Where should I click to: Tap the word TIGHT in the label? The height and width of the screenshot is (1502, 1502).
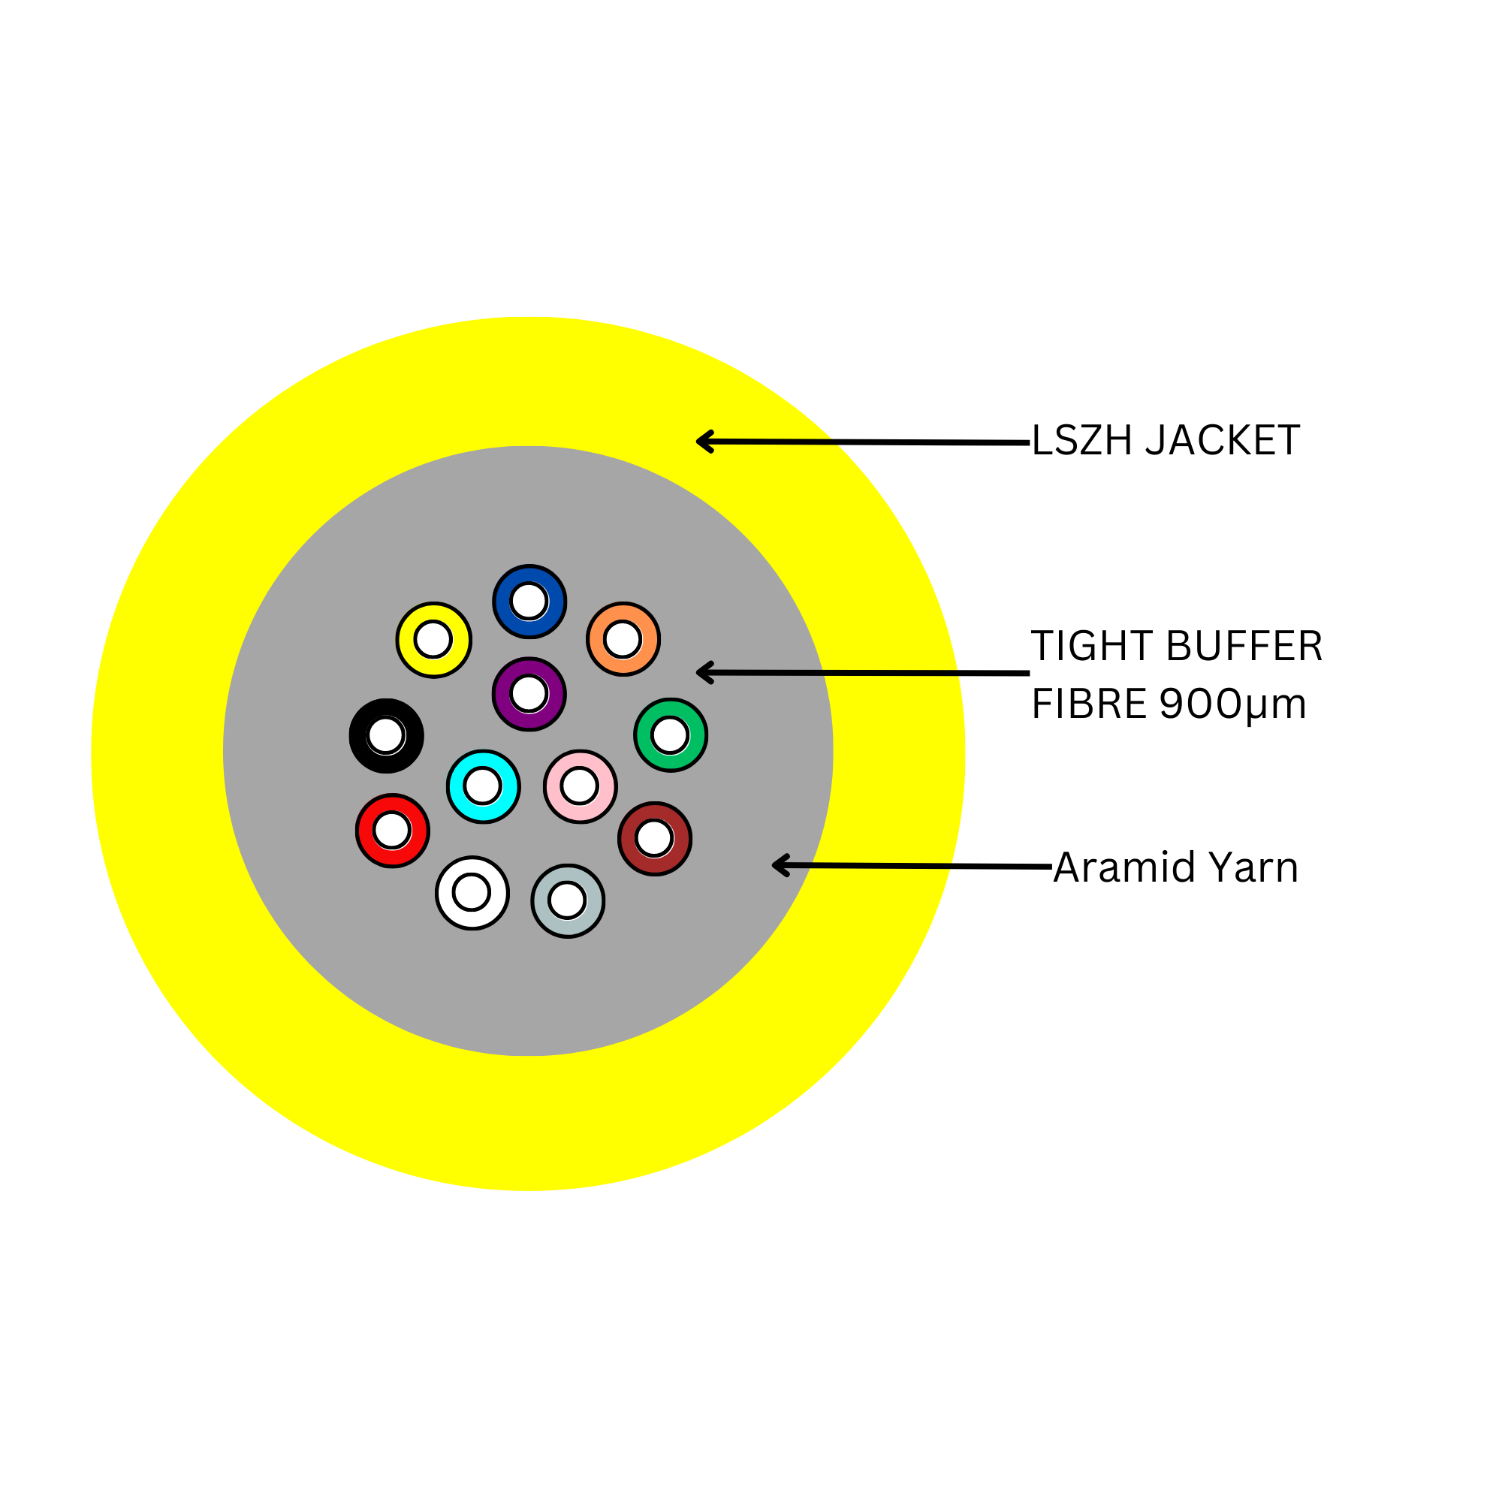point(1092,646)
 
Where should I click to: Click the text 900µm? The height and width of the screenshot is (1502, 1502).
point(1232,704)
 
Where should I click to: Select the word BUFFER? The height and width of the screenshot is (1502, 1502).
point(1244,646)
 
